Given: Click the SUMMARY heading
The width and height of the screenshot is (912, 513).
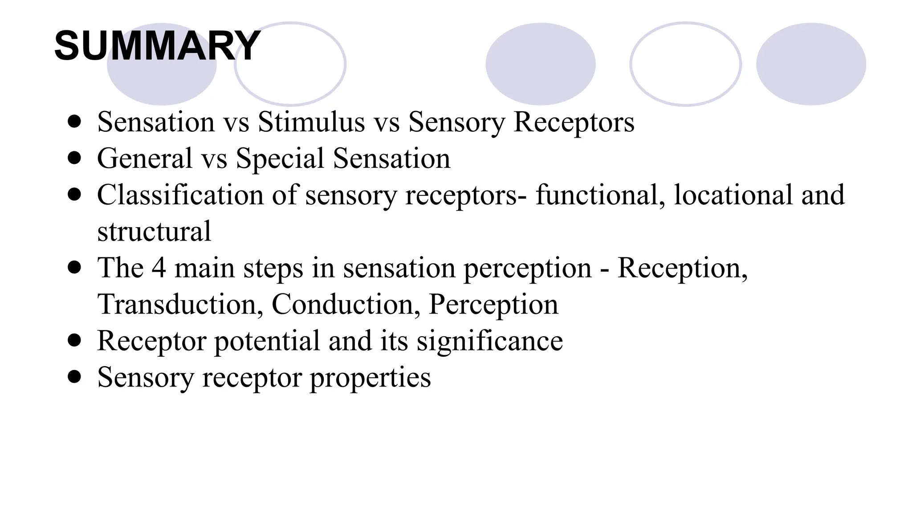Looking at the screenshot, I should (x=157, y=46).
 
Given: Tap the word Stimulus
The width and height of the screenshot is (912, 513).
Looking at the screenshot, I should (x=311, y=122).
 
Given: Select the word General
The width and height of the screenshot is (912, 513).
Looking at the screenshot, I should (x=145, y=158).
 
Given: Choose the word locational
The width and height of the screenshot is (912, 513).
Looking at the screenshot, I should (x=733, y=195).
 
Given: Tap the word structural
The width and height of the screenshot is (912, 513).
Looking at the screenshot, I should (x=154, y=232).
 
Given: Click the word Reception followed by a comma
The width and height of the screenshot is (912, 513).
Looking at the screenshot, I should (x=682, y=268).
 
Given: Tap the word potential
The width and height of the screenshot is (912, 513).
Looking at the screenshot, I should (x=267, y=341).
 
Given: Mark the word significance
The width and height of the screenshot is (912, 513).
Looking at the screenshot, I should (x=489, y=341).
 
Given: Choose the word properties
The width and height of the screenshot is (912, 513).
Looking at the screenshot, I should (x=370, y=378).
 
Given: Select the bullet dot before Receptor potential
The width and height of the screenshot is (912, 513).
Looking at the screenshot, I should (x=75, y=341).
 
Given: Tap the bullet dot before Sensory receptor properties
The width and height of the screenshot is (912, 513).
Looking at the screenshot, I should (x=75, y=377).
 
